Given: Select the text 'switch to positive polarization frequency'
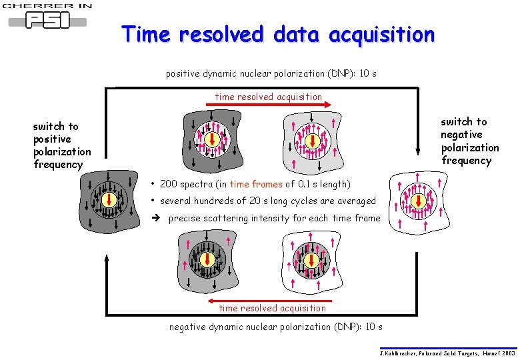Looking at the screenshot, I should coord(61,145).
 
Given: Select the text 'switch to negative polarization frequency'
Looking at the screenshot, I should coord(469,141).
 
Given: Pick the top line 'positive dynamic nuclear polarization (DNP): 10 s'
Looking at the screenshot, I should coord(271,73).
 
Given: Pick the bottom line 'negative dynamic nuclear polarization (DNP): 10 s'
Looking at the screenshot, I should coord(275,327).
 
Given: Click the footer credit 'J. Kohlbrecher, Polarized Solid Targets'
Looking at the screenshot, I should coord(447,353).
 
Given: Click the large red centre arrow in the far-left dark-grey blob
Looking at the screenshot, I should coord(111,199).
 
